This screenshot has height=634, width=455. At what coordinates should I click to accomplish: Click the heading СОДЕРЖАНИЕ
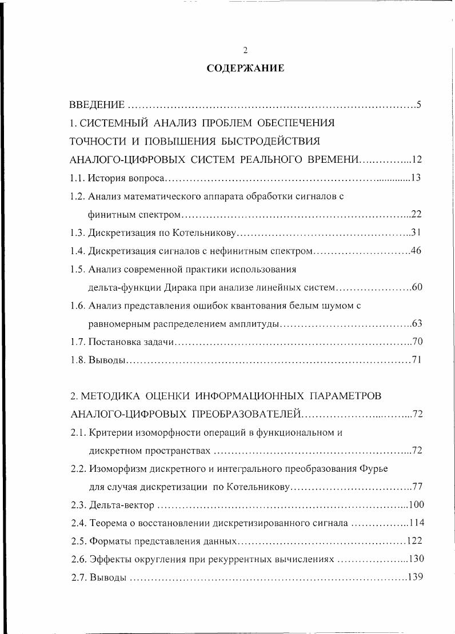pyautogui.click(x=245, y=69)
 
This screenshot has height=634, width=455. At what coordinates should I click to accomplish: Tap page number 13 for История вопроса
pyautogui.click(x=416, y=178)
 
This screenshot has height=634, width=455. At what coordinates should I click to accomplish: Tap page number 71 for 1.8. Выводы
pyautogui.click(x=416, y=360)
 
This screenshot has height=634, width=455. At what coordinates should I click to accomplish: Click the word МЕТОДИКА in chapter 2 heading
pyautogui.click(x=116, y=396)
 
